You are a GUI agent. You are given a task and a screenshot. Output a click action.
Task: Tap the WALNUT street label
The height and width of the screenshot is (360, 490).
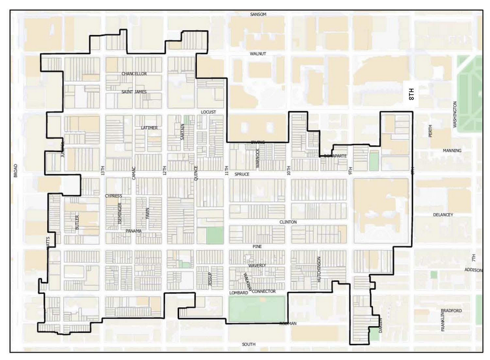(x=258, y=54)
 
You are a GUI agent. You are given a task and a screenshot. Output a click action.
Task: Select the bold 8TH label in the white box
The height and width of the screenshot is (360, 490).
(x=411, y=94)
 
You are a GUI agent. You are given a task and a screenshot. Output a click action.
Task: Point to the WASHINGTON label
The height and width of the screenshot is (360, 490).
(x=455, y=115)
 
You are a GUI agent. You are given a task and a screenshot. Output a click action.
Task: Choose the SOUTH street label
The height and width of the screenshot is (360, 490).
(x=248, y=344)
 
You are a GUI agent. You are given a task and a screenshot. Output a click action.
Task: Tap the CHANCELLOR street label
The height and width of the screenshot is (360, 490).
(x=134, y=74)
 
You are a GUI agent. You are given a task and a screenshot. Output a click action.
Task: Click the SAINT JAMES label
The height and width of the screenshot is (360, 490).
(x=134, y=92)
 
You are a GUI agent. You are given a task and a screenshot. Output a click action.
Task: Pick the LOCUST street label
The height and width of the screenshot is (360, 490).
(x=208, y=112)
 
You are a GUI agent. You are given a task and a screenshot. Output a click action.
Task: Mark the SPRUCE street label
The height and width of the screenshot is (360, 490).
(x=242, y=174)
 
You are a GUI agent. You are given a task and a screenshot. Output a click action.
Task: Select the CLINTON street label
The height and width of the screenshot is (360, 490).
(x=288, y=222)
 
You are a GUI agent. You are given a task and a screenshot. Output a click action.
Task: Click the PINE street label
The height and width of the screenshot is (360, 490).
(x=257, y=246)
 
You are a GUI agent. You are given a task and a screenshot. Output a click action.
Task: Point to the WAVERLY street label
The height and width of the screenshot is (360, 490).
(x=257, y=266)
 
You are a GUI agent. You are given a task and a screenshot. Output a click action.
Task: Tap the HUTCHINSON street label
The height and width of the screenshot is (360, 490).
(x=319, y=270)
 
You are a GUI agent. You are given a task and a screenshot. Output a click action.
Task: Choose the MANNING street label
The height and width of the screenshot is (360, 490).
(x=452, y=151)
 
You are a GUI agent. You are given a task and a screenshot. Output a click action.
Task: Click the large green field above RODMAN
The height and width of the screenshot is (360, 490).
(x=257, y=309)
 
